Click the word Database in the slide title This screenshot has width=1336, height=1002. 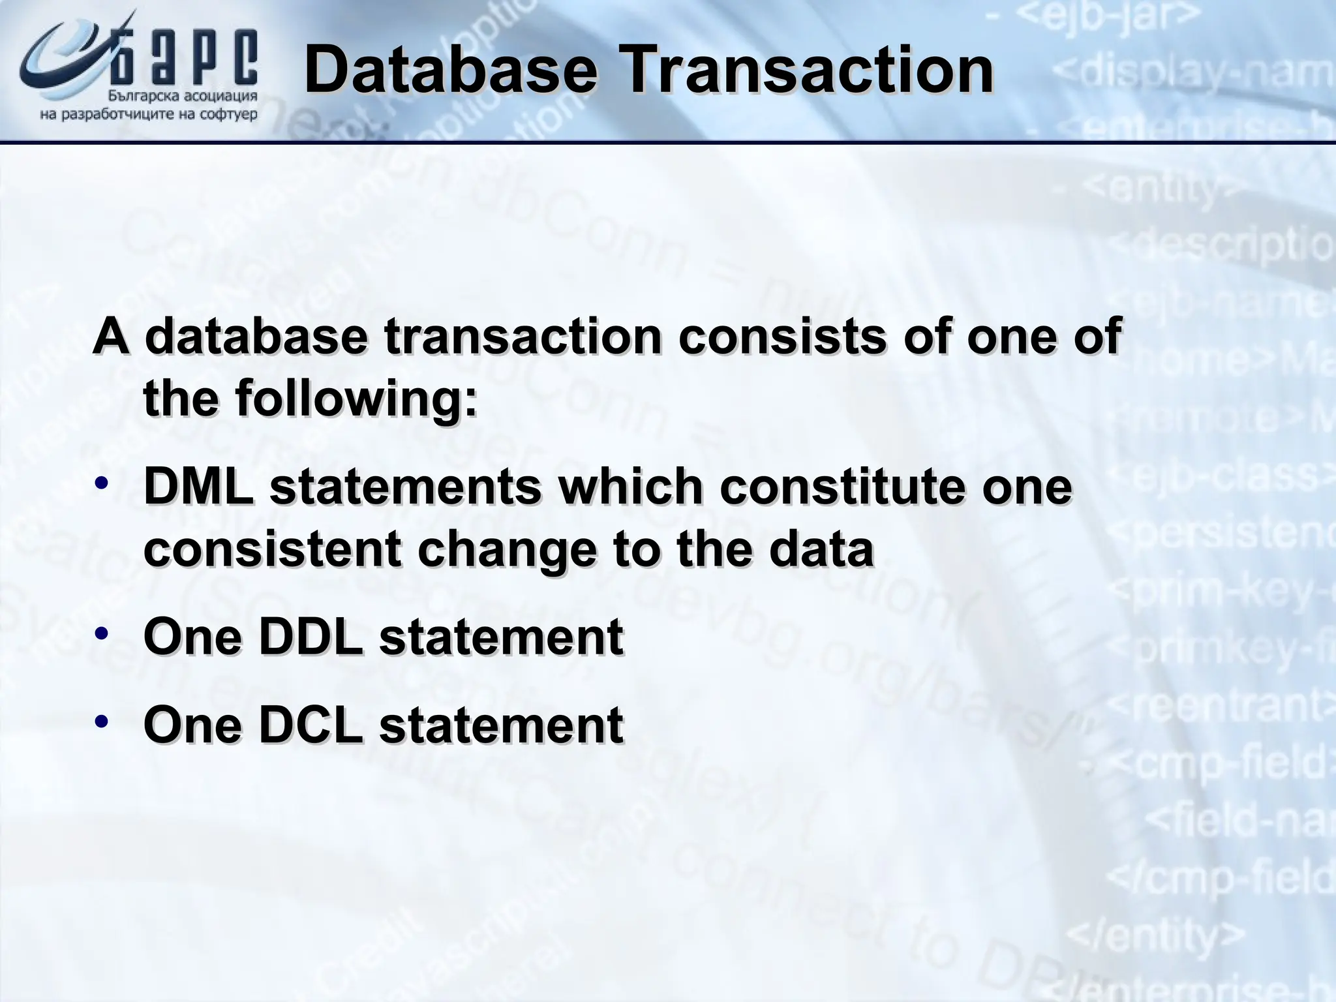450,70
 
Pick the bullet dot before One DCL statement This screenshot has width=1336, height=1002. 101,721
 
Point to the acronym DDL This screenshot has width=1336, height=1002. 310,637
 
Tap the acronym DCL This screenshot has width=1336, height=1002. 310,725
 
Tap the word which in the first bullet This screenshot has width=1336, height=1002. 630,487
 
